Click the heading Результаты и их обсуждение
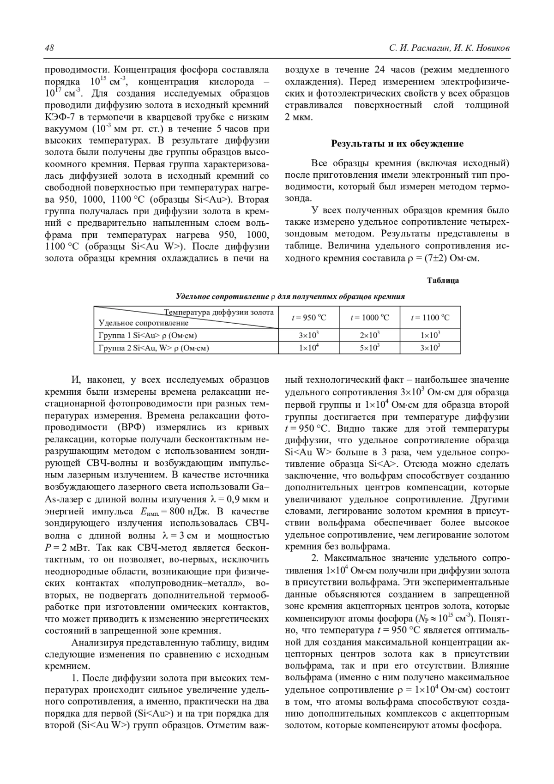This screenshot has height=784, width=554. point(397,144)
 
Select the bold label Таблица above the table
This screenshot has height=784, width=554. point(443,280)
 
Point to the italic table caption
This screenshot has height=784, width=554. point(290,296)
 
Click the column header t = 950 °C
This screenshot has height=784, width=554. point(308,317)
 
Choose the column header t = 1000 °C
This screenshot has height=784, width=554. point(369,317)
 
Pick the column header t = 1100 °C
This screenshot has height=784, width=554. point(430,317)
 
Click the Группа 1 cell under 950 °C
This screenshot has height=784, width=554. point(308,335)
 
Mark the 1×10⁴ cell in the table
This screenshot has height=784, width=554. point(308,348)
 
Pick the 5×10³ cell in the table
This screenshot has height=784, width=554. point(369,348)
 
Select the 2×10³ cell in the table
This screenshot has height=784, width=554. point(369,335)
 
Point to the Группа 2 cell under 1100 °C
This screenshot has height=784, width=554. point(430,348)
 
